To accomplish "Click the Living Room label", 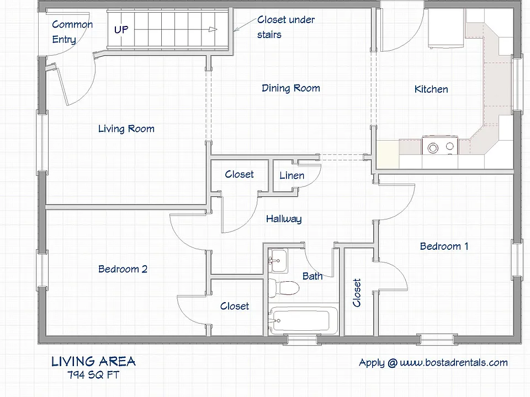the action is click(x=126, y=128).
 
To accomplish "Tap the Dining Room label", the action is click(x=291, y=88).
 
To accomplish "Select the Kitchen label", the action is click(x=431, y=89).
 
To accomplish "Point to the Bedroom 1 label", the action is click(x=444, y=246).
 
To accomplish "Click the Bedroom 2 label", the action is click(x=123, y=269).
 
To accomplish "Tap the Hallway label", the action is click(x=284, y=219).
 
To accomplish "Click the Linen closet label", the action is click(x=291, y=175).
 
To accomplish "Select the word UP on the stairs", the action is click(x=121, y=30).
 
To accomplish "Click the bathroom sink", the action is click(x=278, y=261).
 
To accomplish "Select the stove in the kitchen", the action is click(x=440, y=146).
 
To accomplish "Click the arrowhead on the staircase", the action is click(x=213, y=29).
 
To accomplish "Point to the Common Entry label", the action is click(x=72, y=32).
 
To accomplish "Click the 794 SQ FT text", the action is click(x=93, y=375).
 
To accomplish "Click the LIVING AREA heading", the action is click(x=94, y=362).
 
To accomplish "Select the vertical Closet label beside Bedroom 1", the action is click(x=357, y=293).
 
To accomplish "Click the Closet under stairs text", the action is click(x=286, y=27).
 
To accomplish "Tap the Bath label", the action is click(x=312, y=276).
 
